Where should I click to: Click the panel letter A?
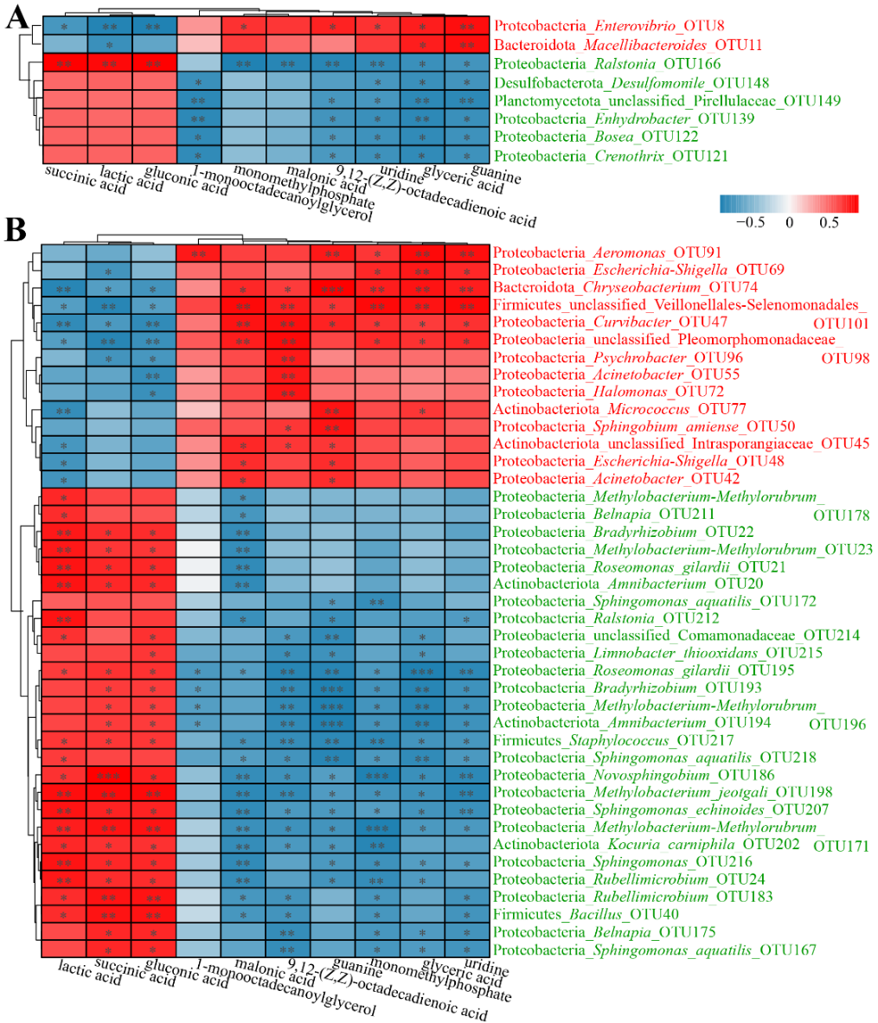(x=16, y=19)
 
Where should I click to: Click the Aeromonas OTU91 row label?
(x=611, y=253)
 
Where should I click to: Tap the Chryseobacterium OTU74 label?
(x=627, y=287)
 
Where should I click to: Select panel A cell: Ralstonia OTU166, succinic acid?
(x=64, y=64)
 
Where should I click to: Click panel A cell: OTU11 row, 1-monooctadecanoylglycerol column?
(x=198, y=44)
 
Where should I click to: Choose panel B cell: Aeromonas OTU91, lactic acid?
(x=64, y=253)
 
